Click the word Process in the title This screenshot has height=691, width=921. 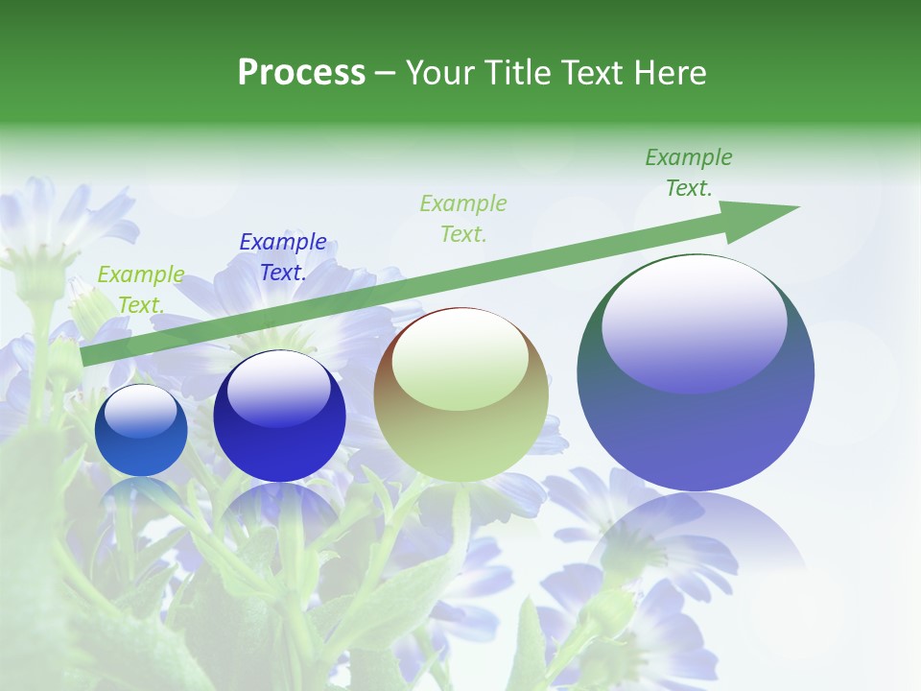pos(301,73)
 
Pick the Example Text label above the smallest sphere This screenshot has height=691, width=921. pos(141,290)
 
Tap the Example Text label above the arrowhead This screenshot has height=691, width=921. pos(689,173)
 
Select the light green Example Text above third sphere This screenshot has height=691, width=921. pos(463,218)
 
